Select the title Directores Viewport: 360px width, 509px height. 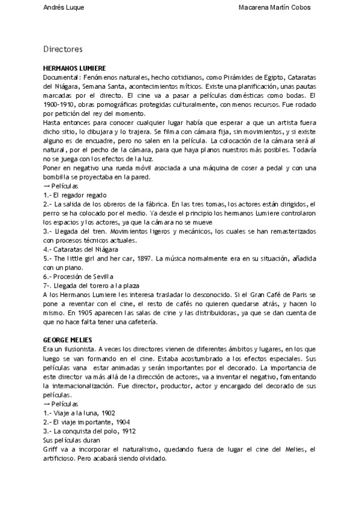[63, 48]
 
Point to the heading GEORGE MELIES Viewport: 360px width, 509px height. [67, 340]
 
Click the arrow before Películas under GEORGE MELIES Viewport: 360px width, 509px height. [47, 403]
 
